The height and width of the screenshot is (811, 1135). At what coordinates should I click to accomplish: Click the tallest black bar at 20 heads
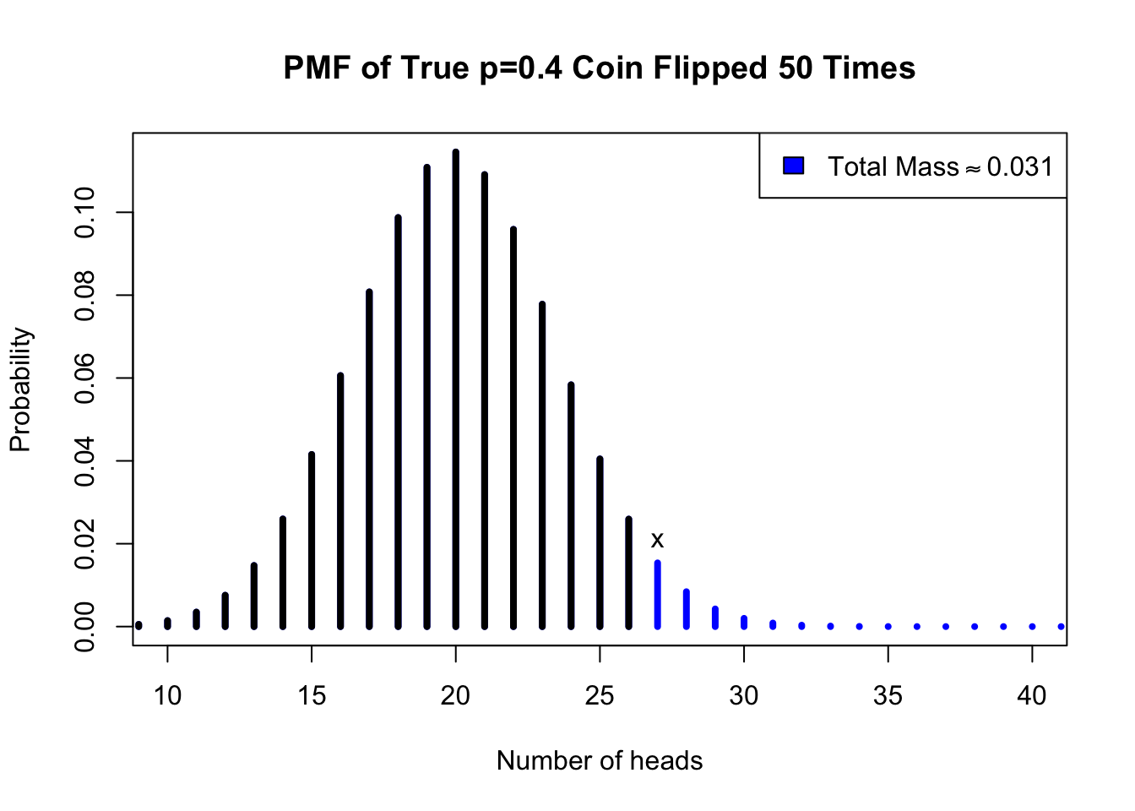[456, 389]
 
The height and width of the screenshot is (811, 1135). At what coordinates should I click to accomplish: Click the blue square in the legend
[793, 166]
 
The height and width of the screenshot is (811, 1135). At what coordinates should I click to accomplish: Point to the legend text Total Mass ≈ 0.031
[940, 166]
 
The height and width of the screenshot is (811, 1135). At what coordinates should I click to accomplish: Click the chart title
[600, 68]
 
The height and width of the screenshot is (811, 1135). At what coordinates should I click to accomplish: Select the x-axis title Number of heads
[600, 760]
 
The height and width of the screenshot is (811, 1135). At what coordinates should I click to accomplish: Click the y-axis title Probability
[20, 389]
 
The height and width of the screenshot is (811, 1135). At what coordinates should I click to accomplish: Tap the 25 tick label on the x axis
[600, 695]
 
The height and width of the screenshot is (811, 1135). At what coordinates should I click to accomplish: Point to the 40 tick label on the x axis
[1032, 695]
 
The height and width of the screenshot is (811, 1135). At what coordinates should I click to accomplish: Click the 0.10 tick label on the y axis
[84, 212]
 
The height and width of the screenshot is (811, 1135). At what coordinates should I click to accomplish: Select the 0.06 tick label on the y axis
[84, 378]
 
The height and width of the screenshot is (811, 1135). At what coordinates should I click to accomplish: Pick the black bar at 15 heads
[312, 541]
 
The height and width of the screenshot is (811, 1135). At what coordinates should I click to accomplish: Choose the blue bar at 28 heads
[687, 608]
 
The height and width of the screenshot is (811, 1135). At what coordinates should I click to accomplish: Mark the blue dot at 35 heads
[888, 626]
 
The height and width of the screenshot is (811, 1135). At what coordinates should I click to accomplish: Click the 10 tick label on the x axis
[167, 695]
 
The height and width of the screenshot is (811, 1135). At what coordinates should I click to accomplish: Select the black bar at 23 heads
[542, 465]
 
